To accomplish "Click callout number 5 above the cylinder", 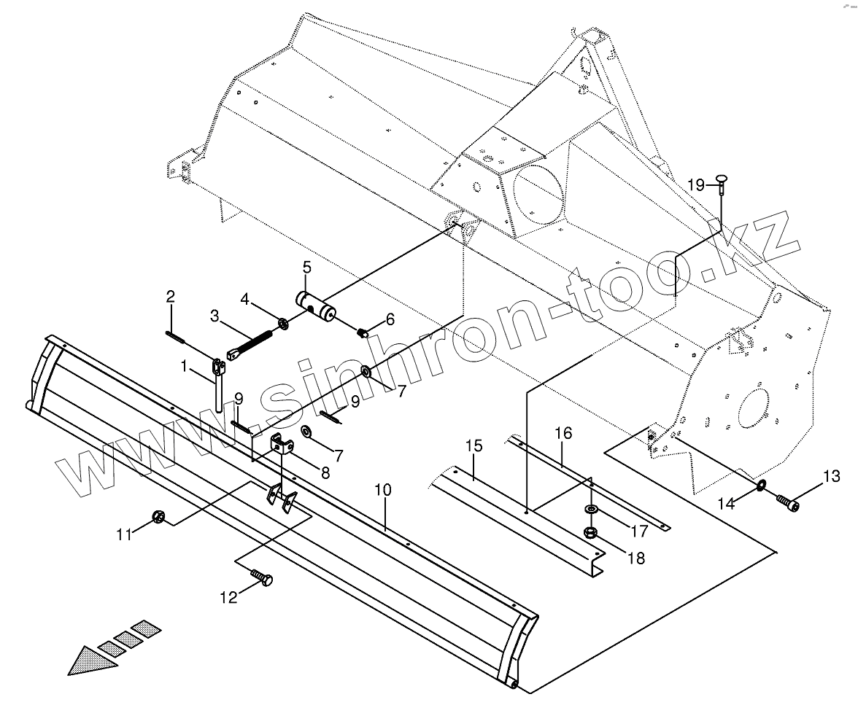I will [306, 267].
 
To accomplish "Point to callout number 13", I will [831, 477].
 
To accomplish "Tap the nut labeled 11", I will [156, 518].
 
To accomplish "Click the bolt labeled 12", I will [261, 578].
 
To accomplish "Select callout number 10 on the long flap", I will [384, 490].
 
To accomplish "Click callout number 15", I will [474, 445].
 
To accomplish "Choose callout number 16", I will [563, 434].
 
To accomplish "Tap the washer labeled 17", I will [590, 507].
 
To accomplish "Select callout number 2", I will [171, 297].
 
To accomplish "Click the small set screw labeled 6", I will [363, 333].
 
